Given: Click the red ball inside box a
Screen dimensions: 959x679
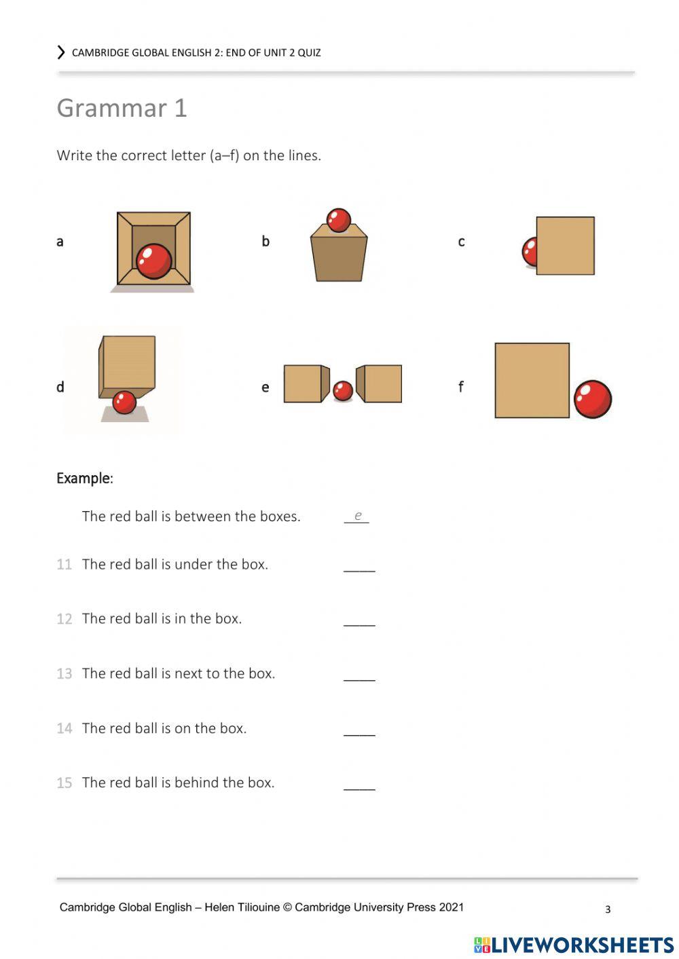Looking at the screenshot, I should tap(154, 261).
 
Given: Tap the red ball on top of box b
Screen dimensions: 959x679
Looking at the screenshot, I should tap(338, 220).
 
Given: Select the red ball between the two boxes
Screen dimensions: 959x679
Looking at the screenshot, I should tap(343, 390).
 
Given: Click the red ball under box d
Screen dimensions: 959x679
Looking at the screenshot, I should tap(124, 402).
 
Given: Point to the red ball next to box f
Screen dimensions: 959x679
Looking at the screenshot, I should tap(592, 399).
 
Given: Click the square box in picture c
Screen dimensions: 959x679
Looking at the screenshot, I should tap(565, 246).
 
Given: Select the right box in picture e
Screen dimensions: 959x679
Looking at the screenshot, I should tap(381, 383).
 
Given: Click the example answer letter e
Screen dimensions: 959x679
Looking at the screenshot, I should tap(358, 516).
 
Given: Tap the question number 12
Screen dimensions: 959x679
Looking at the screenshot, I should tap(64, 619).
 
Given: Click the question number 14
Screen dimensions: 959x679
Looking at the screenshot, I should tap(64, 729).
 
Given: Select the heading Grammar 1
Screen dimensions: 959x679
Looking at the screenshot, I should tap(122, 109).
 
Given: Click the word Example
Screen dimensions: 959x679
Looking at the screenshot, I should tap(84, 478).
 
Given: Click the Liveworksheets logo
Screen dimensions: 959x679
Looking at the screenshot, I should tap(574, 945).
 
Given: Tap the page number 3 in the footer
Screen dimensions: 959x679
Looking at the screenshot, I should tap(608, 909).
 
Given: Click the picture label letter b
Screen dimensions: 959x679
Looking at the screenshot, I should tap(265, 242).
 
